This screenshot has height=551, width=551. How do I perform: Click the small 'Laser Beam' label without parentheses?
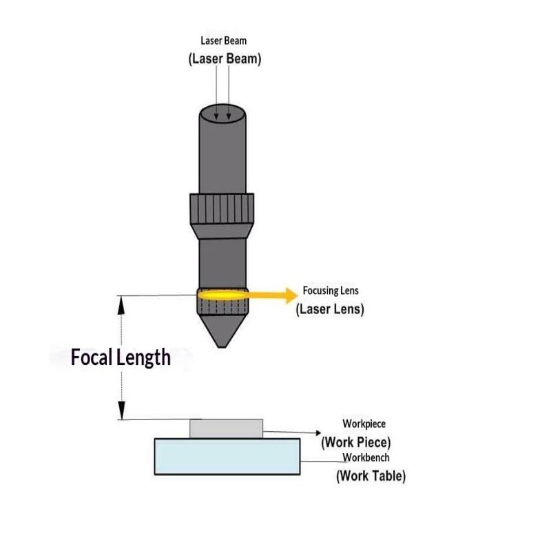(223, 41)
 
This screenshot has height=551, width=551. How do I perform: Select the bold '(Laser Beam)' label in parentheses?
(225, 59)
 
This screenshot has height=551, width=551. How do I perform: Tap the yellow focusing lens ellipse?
(222, 295)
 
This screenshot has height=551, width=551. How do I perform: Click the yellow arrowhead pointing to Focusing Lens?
(291, 295)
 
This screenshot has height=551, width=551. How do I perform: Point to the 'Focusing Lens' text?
(331, 291)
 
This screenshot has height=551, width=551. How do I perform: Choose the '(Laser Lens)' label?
(330, 309)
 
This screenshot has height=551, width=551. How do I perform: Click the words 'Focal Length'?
(121, 357)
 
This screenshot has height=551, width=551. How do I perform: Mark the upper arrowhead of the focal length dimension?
(121, 305)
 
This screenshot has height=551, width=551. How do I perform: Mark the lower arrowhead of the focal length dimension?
(121, 410)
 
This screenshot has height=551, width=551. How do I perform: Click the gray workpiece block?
(227, 428)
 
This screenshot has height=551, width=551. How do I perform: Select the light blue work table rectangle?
(227, 457)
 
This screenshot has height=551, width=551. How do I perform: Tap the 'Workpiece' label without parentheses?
(364, 424)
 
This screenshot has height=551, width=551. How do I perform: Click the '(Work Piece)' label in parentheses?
(356, 442)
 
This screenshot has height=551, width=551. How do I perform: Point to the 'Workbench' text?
(366, 457)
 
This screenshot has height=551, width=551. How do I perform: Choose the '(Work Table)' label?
(371, 476)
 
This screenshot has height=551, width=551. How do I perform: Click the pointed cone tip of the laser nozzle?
(222, 347)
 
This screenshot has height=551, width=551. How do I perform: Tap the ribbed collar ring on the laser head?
(222, 209)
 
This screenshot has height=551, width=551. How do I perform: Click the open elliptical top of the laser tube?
(222, 114)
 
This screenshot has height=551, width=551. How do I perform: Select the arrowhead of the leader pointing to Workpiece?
(319, 433)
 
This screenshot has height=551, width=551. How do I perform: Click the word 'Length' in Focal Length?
(143, 358)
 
